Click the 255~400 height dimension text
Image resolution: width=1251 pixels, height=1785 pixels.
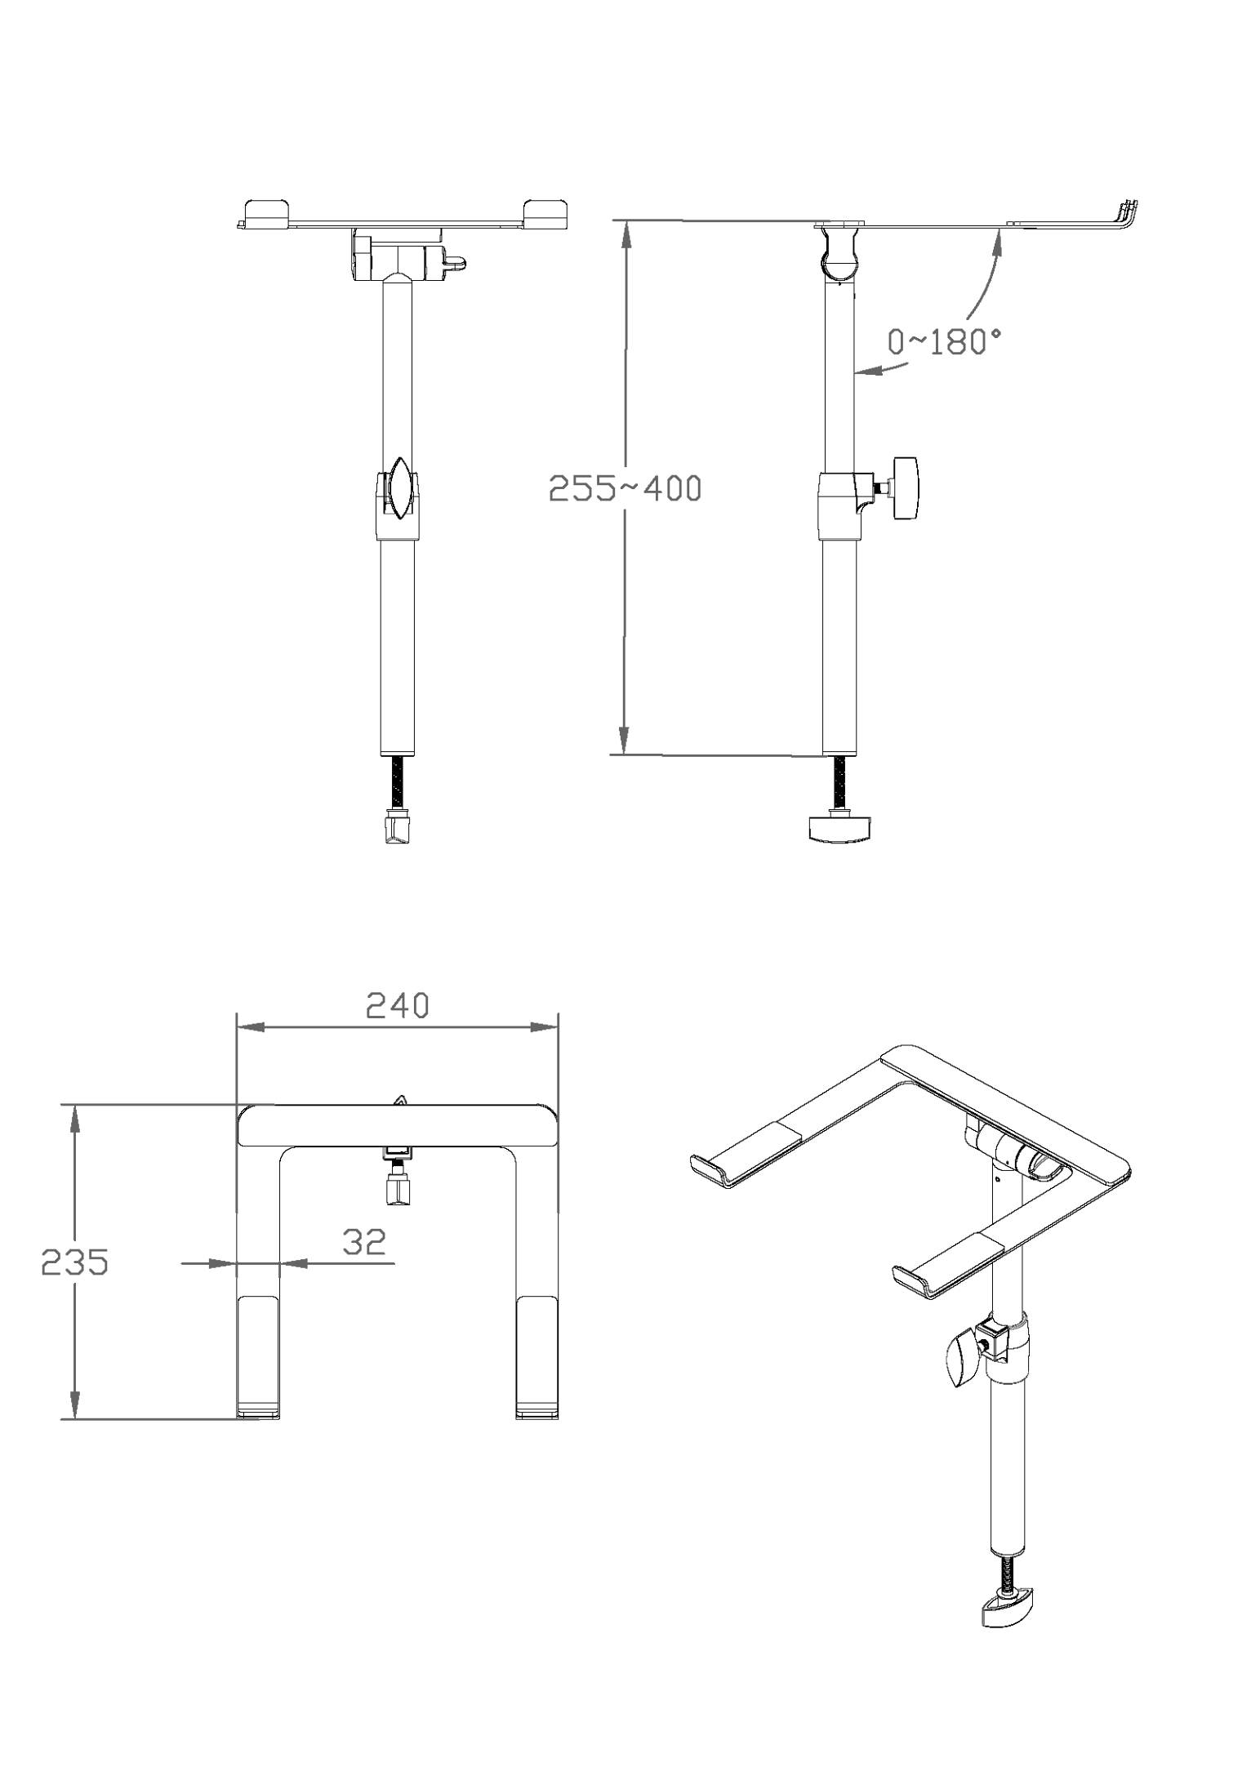[x=625, y=488]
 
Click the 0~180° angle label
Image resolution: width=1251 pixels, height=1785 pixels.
[x=944, y=341]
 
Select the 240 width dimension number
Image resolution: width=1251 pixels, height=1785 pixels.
[x=397, y=1006]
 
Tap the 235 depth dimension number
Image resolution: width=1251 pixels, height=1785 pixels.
[x=75, y=1262]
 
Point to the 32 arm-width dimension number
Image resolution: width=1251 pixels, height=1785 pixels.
[x=363, y=1242]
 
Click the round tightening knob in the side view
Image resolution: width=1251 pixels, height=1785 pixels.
[x=906, y=488]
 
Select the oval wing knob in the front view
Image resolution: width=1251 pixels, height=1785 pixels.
[x=399, y=487]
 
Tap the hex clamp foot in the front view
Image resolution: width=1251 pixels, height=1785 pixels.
[x=398, y=830]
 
